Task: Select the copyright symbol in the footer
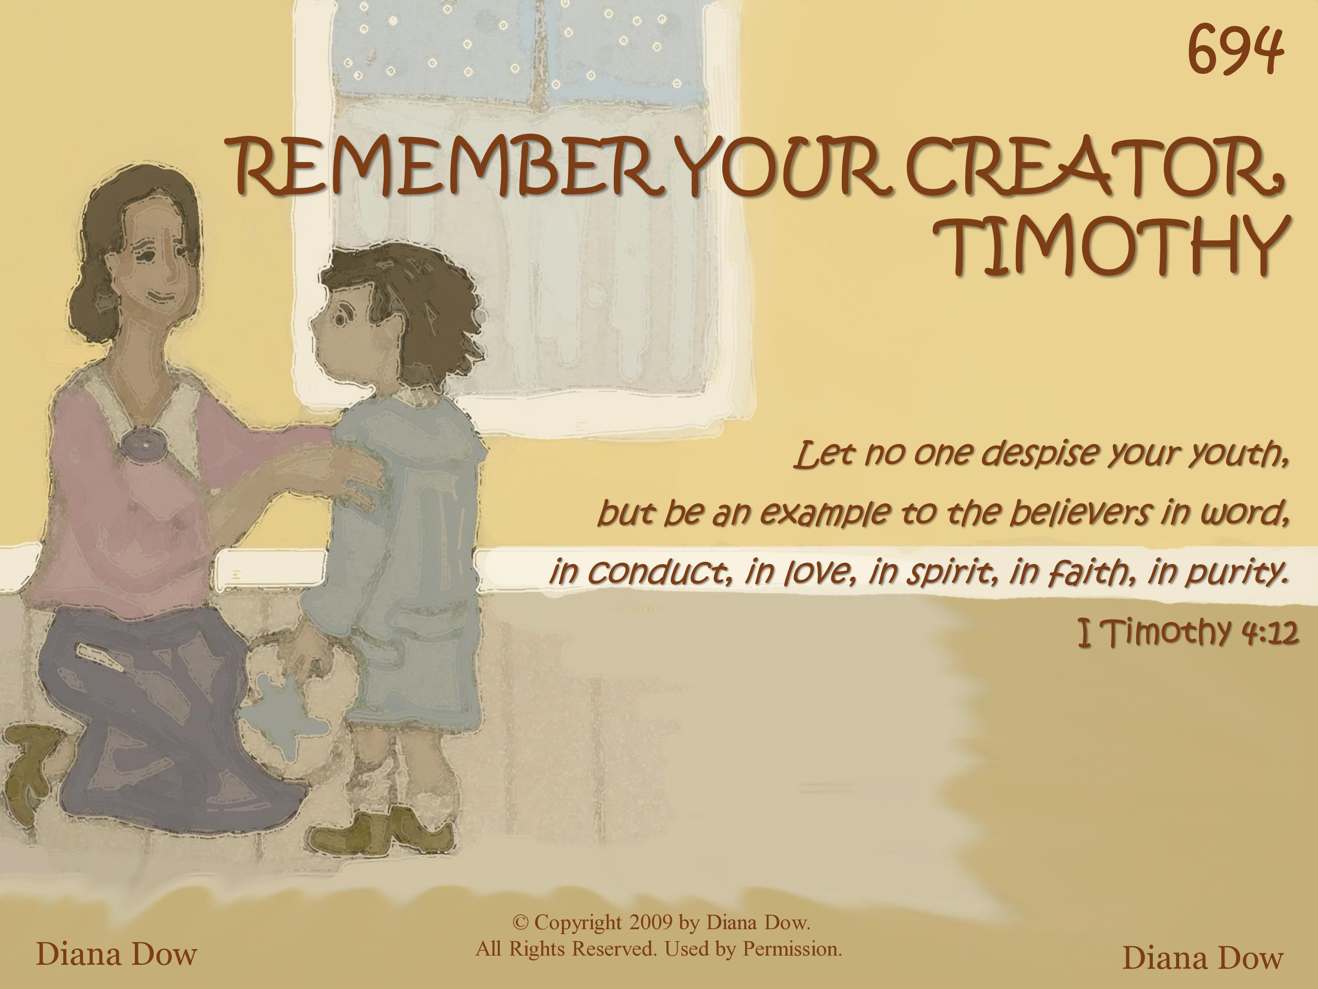click(520, 923)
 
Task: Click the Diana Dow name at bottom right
click(1202, 958)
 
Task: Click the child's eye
click(340, 319)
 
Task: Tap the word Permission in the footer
click(793, 949)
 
